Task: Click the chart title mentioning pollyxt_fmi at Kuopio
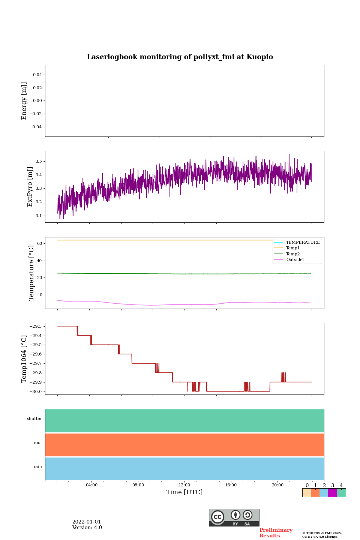[x=180, y=57]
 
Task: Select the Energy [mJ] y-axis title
[x=24, y=101]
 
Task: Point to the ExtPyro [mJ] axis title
[x=30, y=187]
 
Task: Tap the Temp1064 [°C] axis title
[x=24, y=359]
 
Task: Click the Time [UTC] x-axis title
[x=184, y=492]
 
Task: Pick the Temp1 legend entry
[x=293, y=248]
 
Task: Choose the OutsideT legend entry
[x=295, y=260]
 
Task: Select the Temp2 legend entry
[x=293, y=254]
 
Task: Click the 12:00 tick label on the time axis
[x=184, y=485]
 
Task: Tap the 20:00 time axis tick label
[x=277, y=485]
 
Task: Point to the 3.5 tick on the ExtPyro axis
[x=39, y=161]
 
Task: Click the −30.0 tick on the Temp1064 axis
[x=36, y=391]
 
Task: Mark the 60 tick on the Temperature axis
[x=39, y=243]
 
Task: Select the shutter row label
[x=34, y=419]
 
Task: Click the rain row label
[x=38, y=467]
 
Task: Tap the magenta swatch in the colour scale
[x=332, y=493]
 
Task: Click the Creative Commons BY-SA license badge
[x=234, y=517]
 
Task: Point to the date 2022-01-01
[x=87, y=522]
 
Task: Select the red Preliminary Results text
[x=276, y=533]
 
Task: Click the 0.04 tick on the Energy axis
[x=37, y=75]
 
